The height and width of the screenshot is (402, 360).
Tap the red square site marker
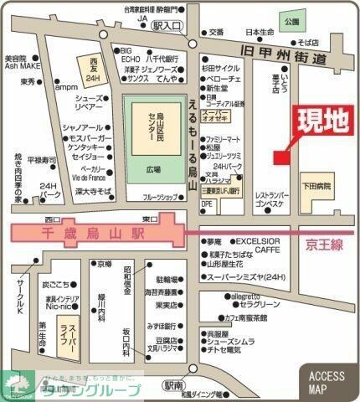[280, 154]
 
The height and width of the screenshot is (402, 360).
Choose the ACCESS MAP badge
[328, 381]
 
